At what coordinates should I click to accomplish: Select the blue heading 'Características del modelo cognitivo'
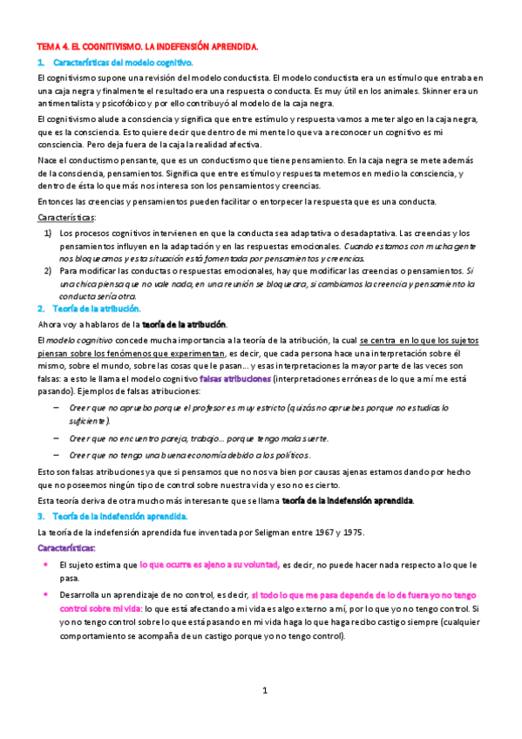(x=122, y=63)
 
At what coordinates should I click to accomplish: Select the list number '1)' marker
(x=48, y=234)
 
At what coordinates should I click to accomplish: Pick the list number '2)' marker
(x=48, y=271)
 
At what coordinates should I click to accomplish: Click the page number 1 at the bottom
(x=265, y=690)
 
